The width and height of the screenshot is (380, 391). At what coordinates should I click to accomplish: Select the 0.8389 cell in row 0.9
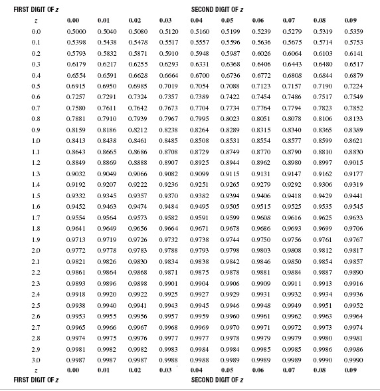click(353, 130)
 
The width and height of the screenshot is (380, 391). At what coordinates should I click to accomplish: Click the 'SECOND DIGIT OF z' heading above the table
click(217, 10)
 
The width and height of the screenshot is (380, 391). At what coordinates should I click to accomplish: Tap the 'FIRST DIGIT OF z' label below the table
click(32, 380)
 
